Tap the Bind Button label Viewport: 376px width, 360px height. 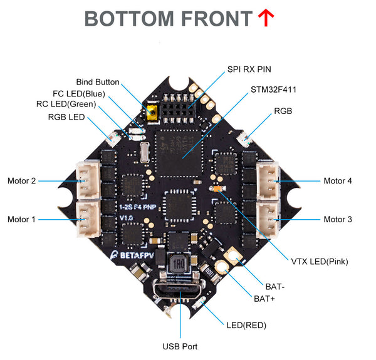pos(97,82)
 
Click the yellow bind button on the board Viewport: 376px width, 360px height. pos(151,113)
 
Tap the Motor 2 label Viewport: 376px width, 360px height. pos(22,181)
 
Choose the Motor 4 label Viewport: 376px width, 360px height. pos(338,181)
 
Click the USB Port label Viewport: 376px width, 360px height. pos(180,346)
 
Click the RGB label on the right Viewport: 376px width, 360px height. pos(282,111)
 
